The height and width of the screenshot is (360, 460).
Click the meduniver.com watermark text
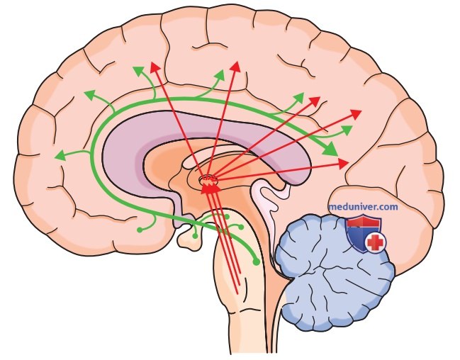[363, 207]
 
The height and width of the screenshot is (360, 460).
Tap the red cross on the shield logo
[376, 242]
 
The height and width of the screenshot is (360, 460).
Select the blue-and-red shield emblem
[366, 234]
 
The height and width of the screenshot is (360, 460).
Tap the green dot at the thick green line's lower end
[256, 262]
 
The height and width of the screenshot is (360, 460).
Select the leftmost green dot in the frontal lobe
[140, 230]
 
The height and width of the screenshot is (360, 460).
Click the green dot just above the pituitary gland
[195, 236]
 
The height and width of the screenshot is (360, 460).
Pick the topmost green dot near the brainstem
[227, 217]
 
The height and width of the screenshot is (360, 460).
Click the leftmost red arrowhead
[155, 67]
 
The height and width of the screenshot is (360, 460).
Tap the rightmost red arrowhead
[356, 114]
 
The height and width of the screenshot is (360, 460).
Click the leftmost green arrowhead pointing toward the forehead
[60, 155]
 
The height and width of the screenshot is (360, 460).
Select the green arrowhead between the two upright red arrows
[220, 75]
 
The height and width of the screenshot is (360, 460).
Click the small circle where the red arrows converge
[208, 179]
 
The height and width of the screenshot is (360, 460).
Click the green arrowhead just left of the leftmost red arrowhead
[138, 71]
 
